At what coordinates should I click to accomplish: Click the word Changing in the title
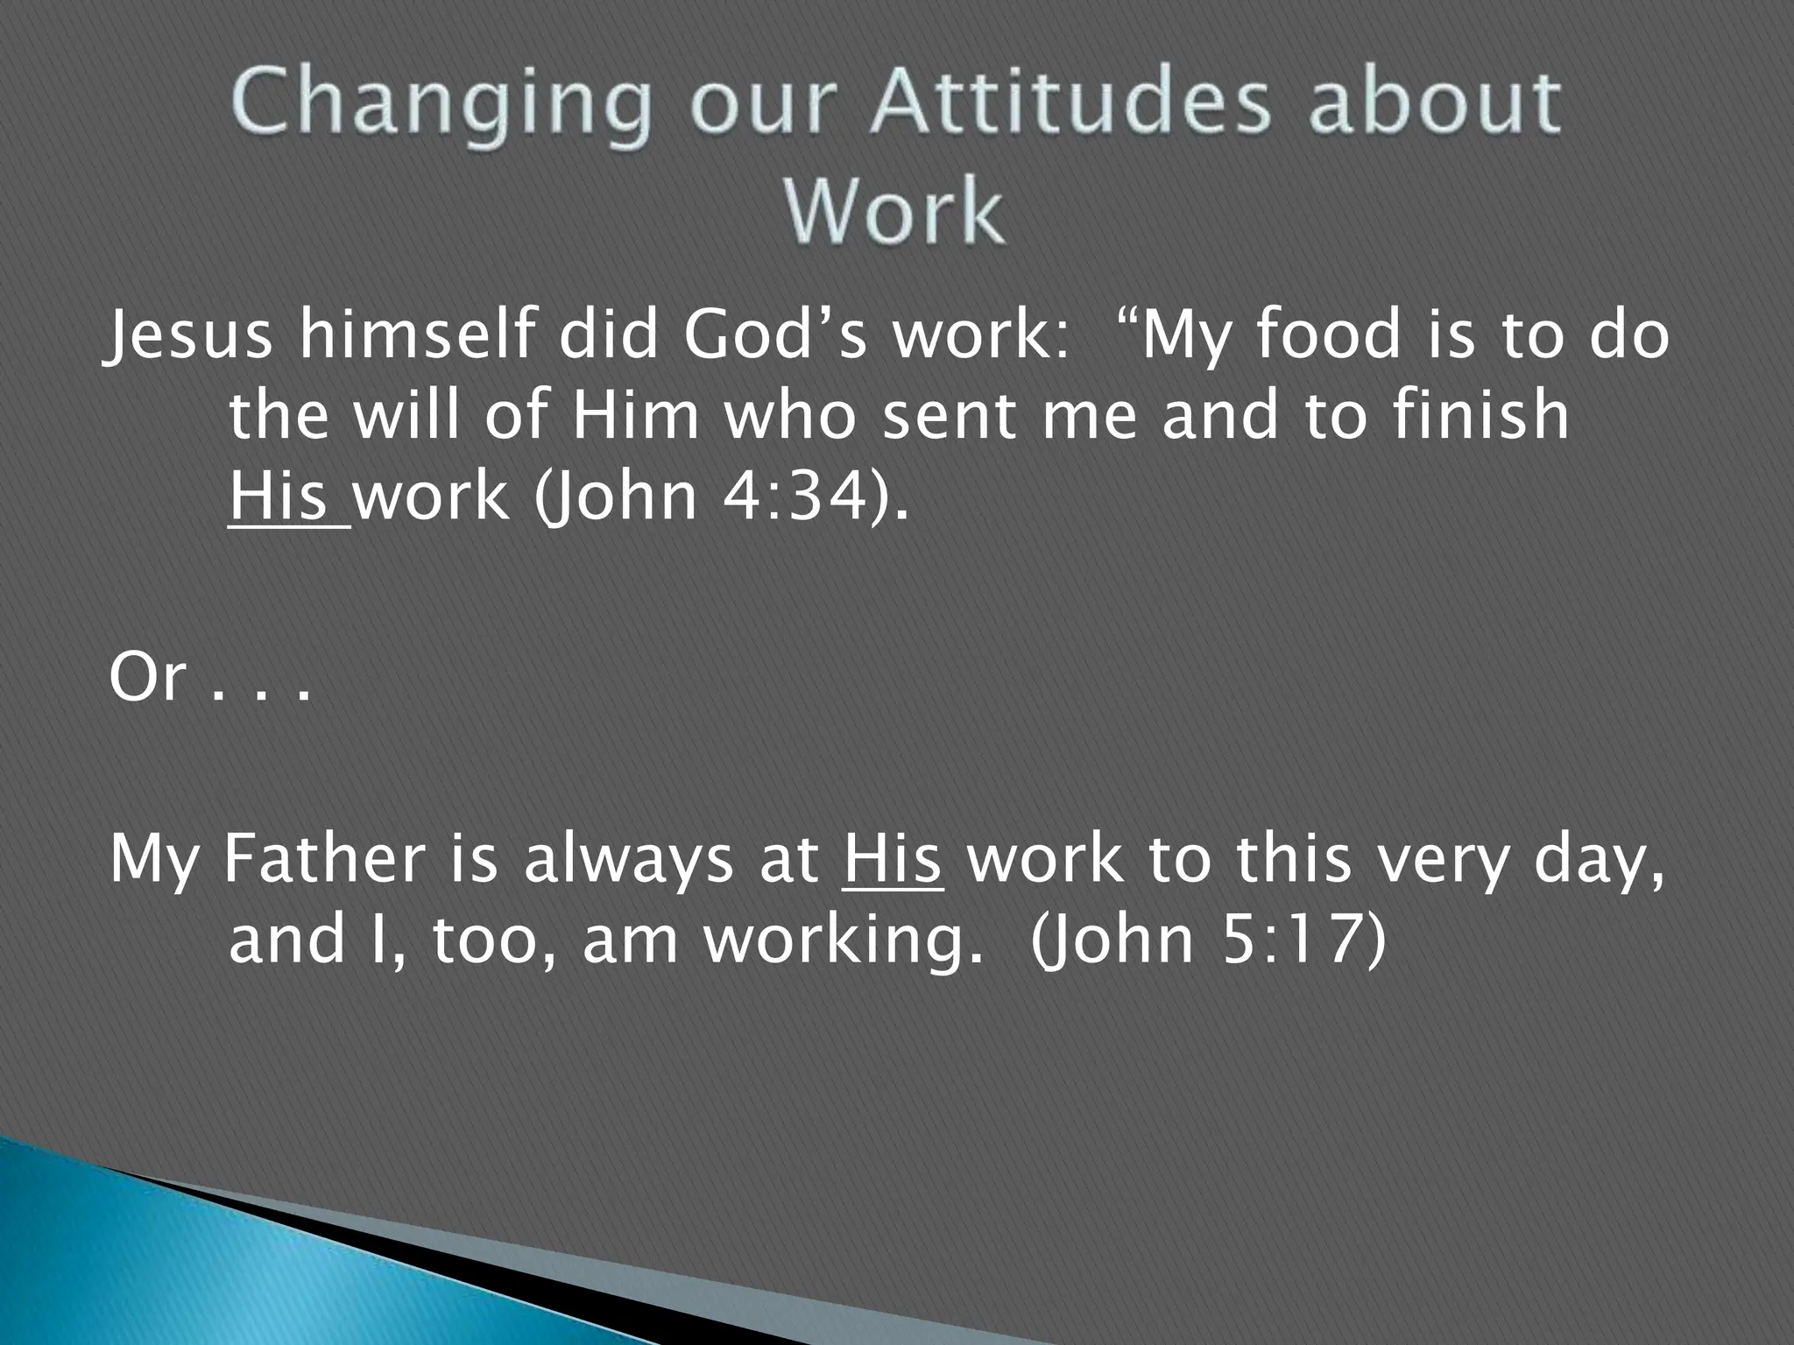[443, 106]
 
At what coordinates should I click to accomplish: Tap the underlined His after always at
[893, 860]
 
